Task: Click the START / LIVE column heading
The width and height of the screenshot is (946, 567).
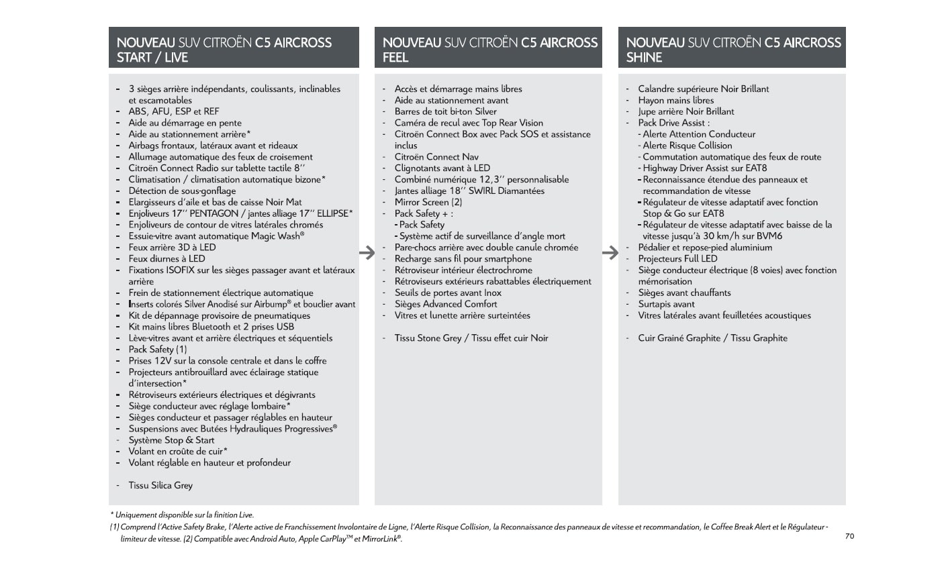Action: pos(224,50)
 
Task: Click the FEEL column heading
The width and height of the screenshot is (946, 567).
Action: pos(489,50)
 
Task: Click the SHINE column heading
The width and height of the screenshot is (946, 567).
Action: pos(733,50)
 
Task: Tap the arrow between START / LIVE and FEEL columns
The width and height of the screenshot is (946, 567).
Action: pos(367,253)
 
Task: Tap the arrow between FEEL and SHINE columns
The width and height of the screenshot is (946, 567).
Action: pos(610,253)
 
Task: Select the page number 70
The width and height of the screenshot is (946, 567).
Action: pos(849,536)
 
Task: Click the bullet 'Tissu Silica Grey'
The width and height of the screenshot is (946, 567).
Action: pos(160,485)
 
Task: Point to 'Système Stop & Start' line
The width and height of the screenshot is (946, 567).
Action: pos(171,440)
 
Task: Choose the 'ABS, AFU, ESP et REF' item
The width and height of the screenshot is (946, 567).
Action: pos(174,111)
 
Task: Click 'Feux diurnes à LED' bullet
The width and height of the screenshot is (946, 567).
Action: pos(167,258)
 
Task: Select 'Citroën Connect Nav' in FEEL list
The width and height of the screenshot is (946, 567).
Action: pos(436,157)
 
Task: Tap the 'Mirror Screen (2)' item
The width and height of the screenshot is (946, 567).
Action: pos(428,202)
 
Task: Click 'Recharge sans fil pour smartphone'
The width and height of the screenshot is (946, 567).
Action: pos(463,258)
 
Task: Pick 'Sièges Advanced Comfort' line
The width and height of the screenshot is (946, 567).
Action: pos(446,304)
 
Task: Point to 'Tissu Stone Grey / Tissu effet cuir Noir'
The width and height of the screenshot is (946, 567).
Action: pos(471,338)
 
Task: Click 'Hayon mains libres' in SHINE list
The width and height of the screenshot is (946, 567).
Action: pos(675,100)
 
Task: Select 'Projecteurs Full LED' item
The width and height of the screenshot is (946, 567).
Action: pos(677,258)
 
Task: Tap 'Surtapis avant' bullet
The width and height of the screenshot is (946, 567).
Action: pos(666,304)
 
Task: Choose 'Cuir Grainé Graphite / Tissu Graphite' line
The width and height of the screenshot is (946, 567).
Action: pos(712,338)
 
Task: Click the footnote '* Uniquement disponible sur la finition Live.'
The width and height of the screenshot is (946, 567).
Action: pos(182,515)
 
